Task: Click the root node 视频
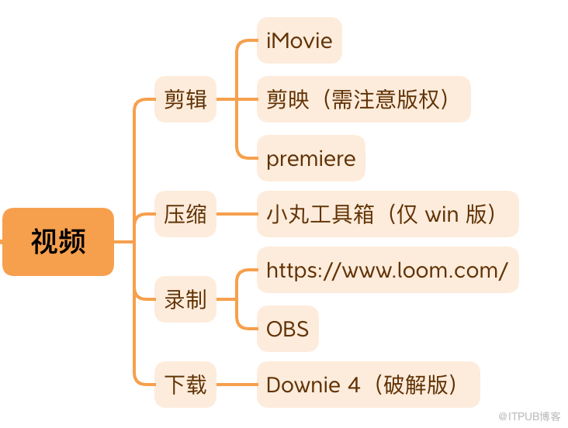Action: (58, 242)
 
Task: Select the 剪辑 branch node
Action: (185, 99)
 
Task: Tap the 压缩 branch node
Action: (185, 214)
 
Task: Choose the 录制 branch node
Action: (185, 299)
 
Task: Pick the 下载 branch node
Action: (185, 385)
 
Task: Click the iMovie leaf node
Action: (300, 40)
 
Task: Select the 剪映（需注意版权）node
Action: (363, 99)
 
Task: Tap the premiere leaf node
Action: (310, 159)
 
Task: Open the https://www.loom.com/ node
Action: (387, 270)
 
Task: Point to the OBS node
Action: (287, 328)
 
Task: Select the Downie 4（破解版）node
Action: (368, 385)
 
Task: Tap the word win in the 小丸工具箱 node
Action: (442, 215)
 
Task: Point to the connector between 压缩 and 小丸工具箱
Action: (237, 214)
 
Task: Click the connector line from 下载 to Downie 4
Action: (237, 385)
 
